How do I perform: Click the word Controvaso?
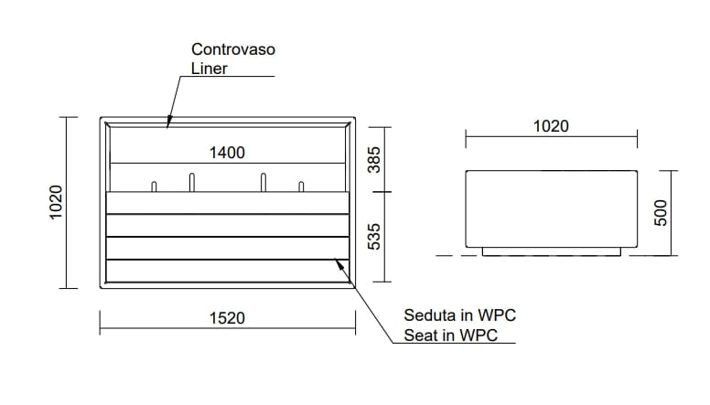click(233, 48)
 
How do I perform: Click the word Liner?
click(209, 69)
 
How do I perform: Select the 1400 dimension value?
click(227, 153)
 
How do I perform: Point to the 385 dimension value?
click(373, 162)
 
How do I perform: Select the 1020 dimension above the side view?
click(551, 126)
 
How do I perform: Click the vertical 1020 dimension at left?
click(57, 202)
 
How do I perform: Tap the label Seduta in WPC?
click(460, 315)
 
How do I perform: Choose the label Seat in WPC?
click(451, 336)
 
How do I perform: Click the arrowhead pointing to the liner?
click(169, 121)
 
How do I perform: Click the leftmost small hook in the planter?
click(154, 187)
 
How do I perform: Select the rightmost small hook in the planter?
click(301, 187)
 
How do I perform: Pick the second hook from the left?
click(191, 182)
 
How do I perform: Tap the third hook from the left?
click(264, 182)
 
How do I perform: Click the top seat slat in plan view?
click(228, 203)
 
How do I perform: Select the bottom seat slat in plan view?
click(228, 271)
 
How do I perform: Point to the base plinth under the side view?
click(551, 251)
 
